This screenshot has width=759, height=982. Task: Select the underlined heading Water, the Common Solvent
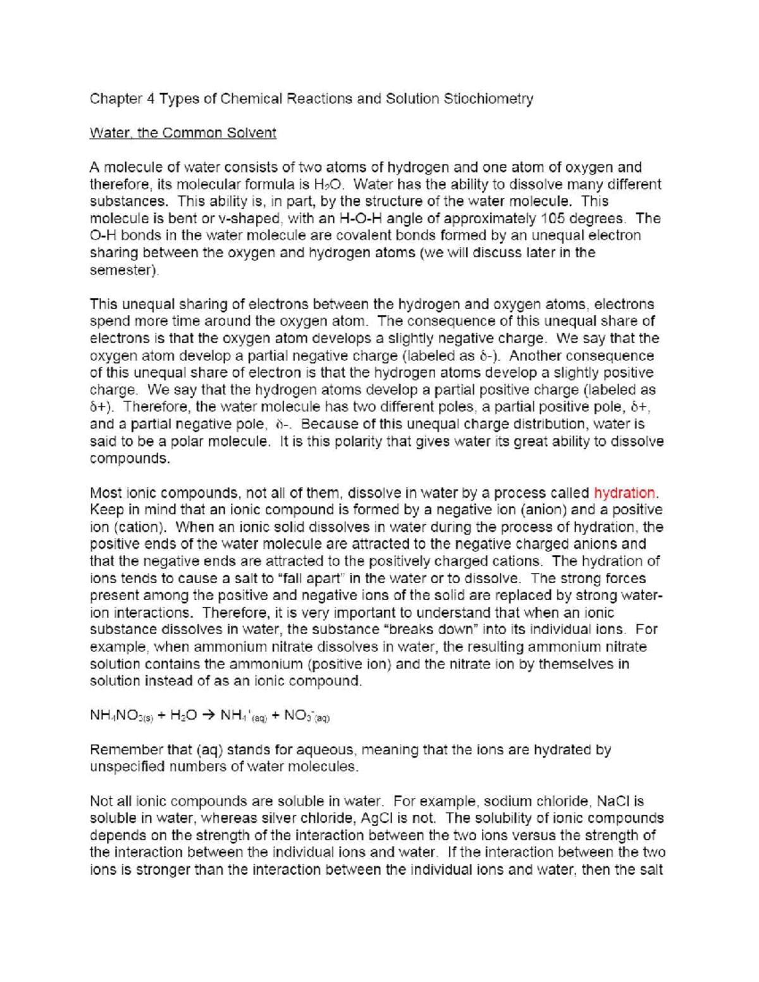pyautogui.click(x=183, y=133)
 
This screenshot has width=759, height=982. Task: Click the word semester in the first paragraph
pyautogui.click(x=123, y=270)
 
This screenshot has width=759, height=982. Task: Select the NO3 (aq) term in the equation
pyautogui.click(x=307, y=716)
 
